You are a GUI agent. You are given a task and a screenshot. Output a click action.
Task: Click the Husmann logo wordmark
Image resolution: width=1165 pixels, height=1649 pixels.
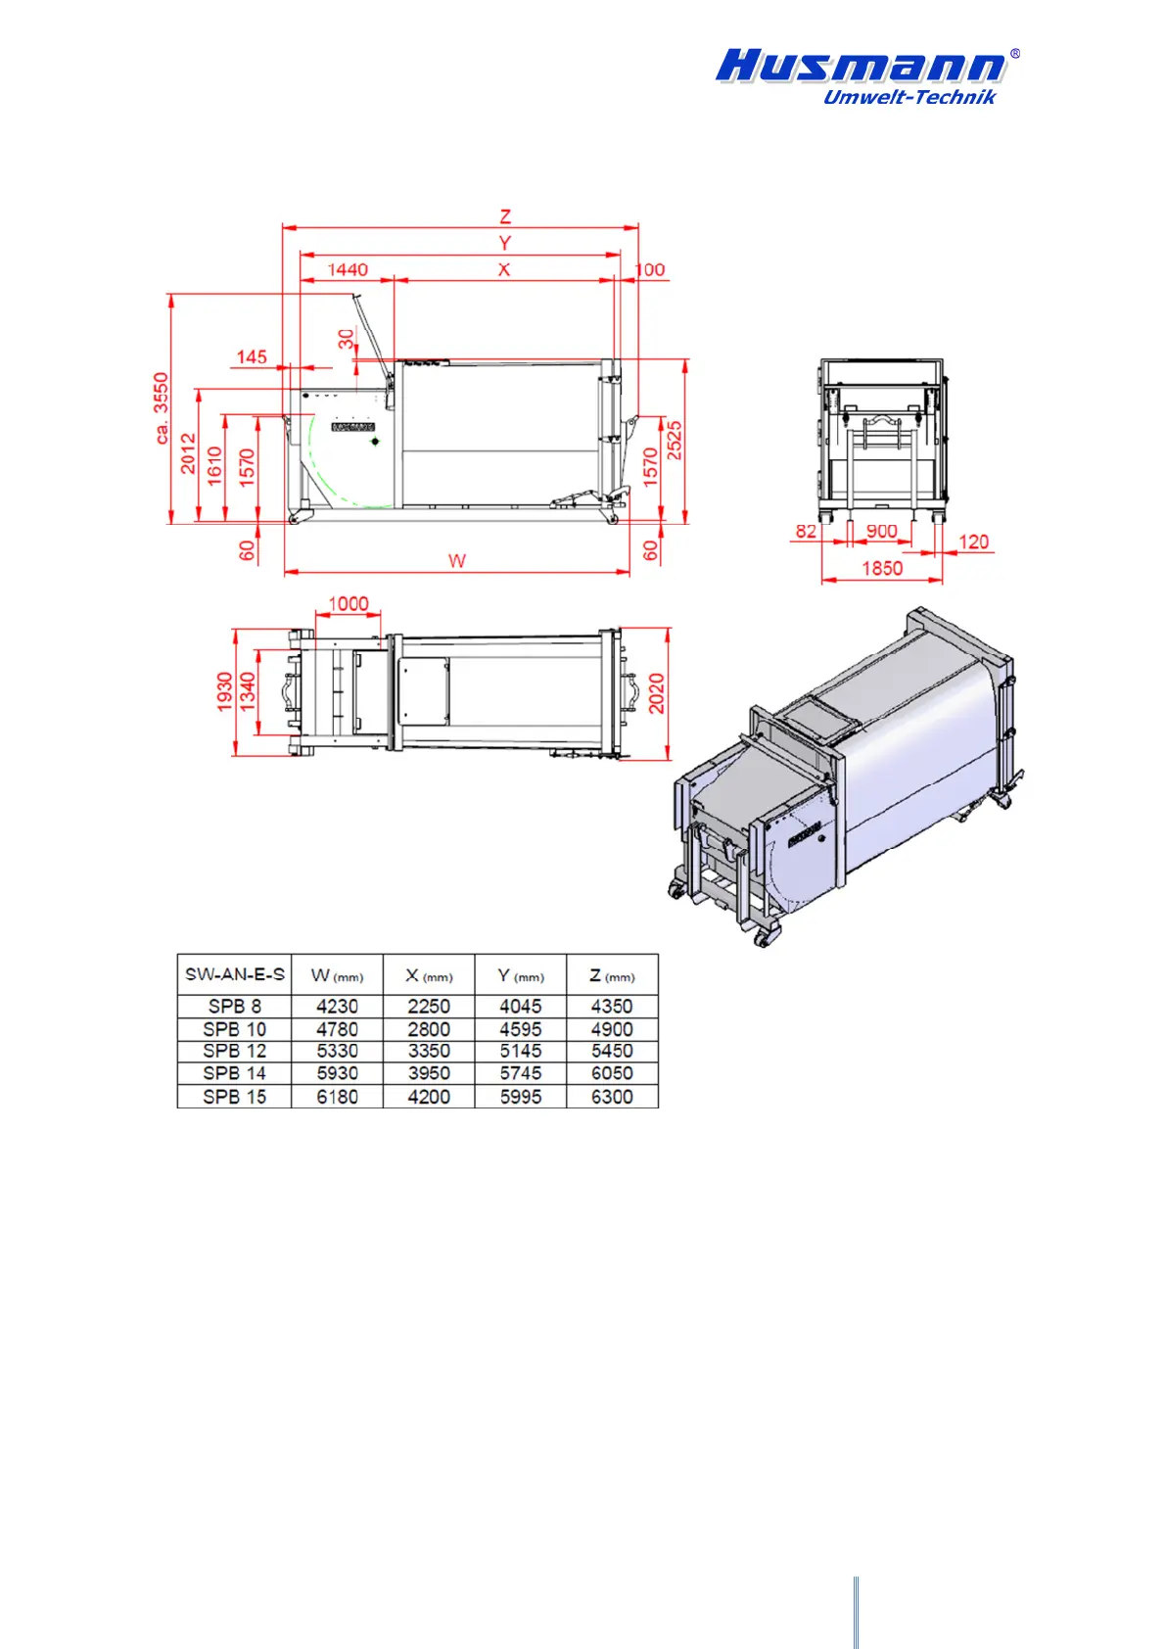861,66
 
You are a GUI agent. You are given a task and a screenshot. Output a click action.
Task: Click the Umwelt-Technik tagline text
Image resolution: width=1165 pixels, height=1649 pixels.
909,97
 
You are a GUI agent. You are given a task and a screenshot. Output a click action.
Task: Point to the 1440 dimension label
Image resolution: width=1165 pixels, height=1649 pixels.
348,270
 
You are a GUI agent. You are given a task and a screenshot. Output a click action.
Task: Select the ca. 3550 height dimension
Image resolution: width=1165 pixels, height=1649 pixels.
162,407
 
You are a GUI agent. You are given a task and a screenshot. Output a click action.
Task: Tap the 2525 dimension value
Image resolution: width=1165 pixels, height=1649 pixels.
675,441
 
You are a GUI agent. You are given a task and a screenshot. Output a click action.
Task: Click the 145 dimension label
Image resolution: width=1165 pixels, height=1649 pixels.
251,357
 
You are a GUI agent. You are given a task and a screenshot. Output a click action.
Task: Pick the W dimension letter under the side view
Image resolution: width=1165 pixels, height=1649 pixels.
457,561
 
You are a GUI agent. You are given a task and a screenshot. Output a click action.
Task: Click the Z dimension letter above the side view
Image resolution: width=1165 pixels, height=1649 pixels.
505,216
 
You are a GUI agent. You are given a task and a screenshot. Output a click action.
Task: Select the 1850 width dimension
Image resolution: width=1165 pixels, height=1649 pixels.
882,568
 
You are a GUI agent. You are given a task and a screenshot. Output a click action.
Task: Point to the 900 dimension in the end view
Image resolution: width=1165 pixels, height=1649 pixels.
881,531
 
